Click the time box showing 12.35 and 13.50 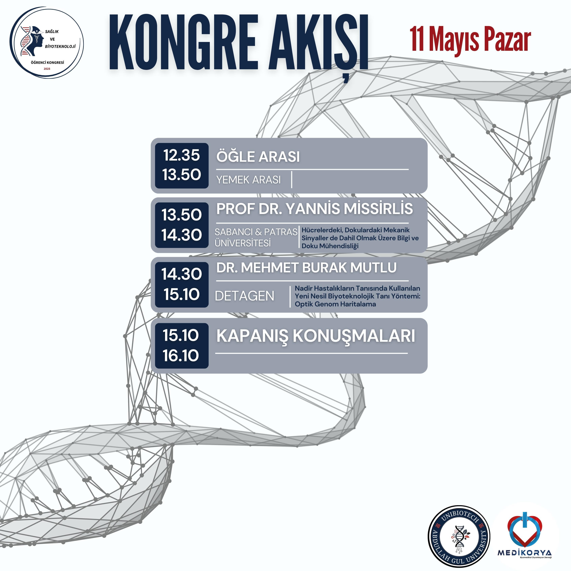tap(182, 165)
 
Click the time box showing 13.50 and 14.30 tap(182, 225)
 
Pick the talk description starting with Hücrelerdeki tap(360, 238)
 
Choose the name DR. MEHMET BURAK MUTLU tap(306, 267)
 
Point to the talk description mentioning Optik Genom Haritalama tap(357, 296)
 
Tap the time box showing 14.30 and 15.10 tap(182, 285)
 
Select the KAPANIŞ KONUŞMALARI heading tap(316, 336)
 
